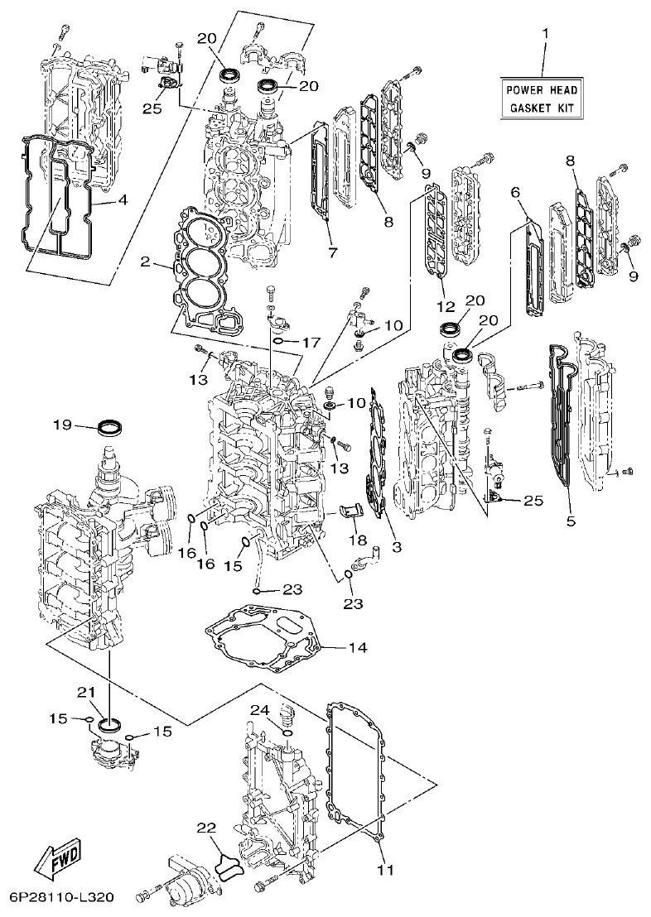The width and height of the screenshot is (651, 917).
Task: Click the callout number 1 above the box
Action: tap(545, 35)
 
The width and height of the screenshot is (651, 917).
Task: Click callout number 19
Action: tap(63, 425)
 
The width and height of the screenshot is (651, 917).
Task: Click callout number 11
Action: tap(385, 870)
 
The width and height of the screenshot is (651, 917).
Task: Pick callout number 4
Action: tap(122, 199)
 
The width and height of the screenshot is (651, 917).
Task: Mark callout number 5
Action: tap(570, 523)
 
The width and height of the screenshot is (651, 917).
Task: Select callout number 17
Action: tap(311, 342)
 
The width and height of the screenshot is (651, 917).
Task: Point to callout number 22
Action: tap(206, 827)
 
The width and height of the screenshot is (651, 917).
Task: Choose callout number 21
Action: tap(87, 692)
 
